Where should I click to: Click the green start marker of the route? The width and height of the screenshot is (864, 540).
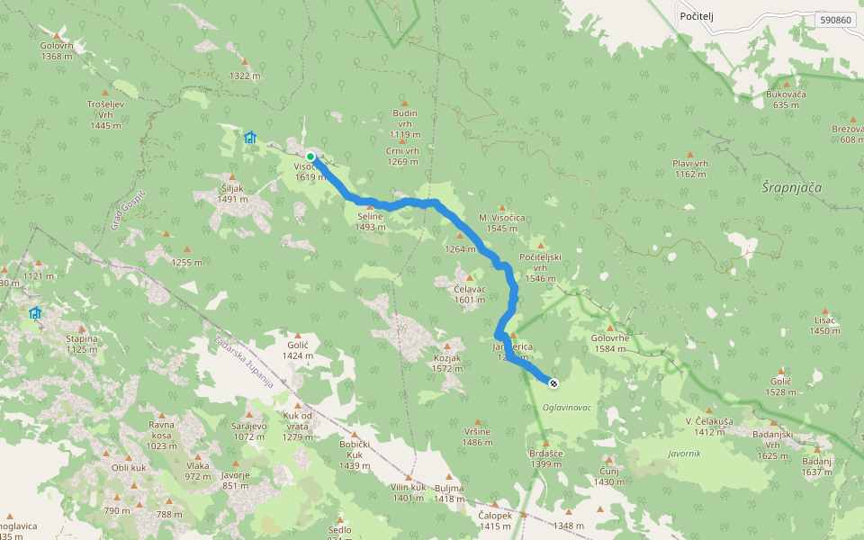click(310, 157)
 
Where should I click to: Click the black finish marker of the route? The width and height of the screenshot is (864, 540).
click(553, 383)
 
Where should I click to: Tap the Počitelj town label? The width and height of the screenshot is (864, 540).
click(697, 17)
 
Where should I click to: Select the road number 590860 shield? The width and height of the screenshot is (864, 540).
click(836, 19)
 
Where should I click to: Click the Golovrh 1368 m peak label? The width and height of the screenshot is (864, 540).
click(57, 51)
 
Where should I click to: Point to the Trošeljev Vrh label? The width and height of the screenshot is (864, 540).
click(105, 114)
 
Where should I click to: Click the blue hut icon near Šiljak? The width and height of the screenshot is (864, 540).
click(250, 138)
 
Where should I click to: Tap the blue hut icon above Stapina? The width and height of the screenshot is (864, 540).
click(34, 313)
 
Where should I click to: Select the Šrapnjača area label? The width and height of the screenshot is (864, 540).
click(792, 186)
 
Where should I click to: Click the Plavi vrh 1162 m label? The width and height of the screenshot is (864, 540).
click(691, 168)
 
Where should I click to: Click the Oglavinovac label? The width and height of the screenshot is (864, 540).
click(567, 408)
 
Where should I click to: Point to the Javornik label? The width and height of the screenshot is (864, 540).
click(684, 453)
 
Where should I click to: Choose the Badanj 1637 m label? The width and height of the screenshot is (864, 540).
click(816, 466)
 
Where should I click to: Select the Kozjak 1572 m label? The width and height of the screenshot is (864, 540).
click(447, 363)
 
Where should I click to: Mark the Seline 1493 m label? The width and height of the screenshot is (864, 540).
click(369, 221)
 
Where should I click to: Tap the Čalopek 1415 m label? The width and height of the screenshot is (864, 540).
click(495, 520)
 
